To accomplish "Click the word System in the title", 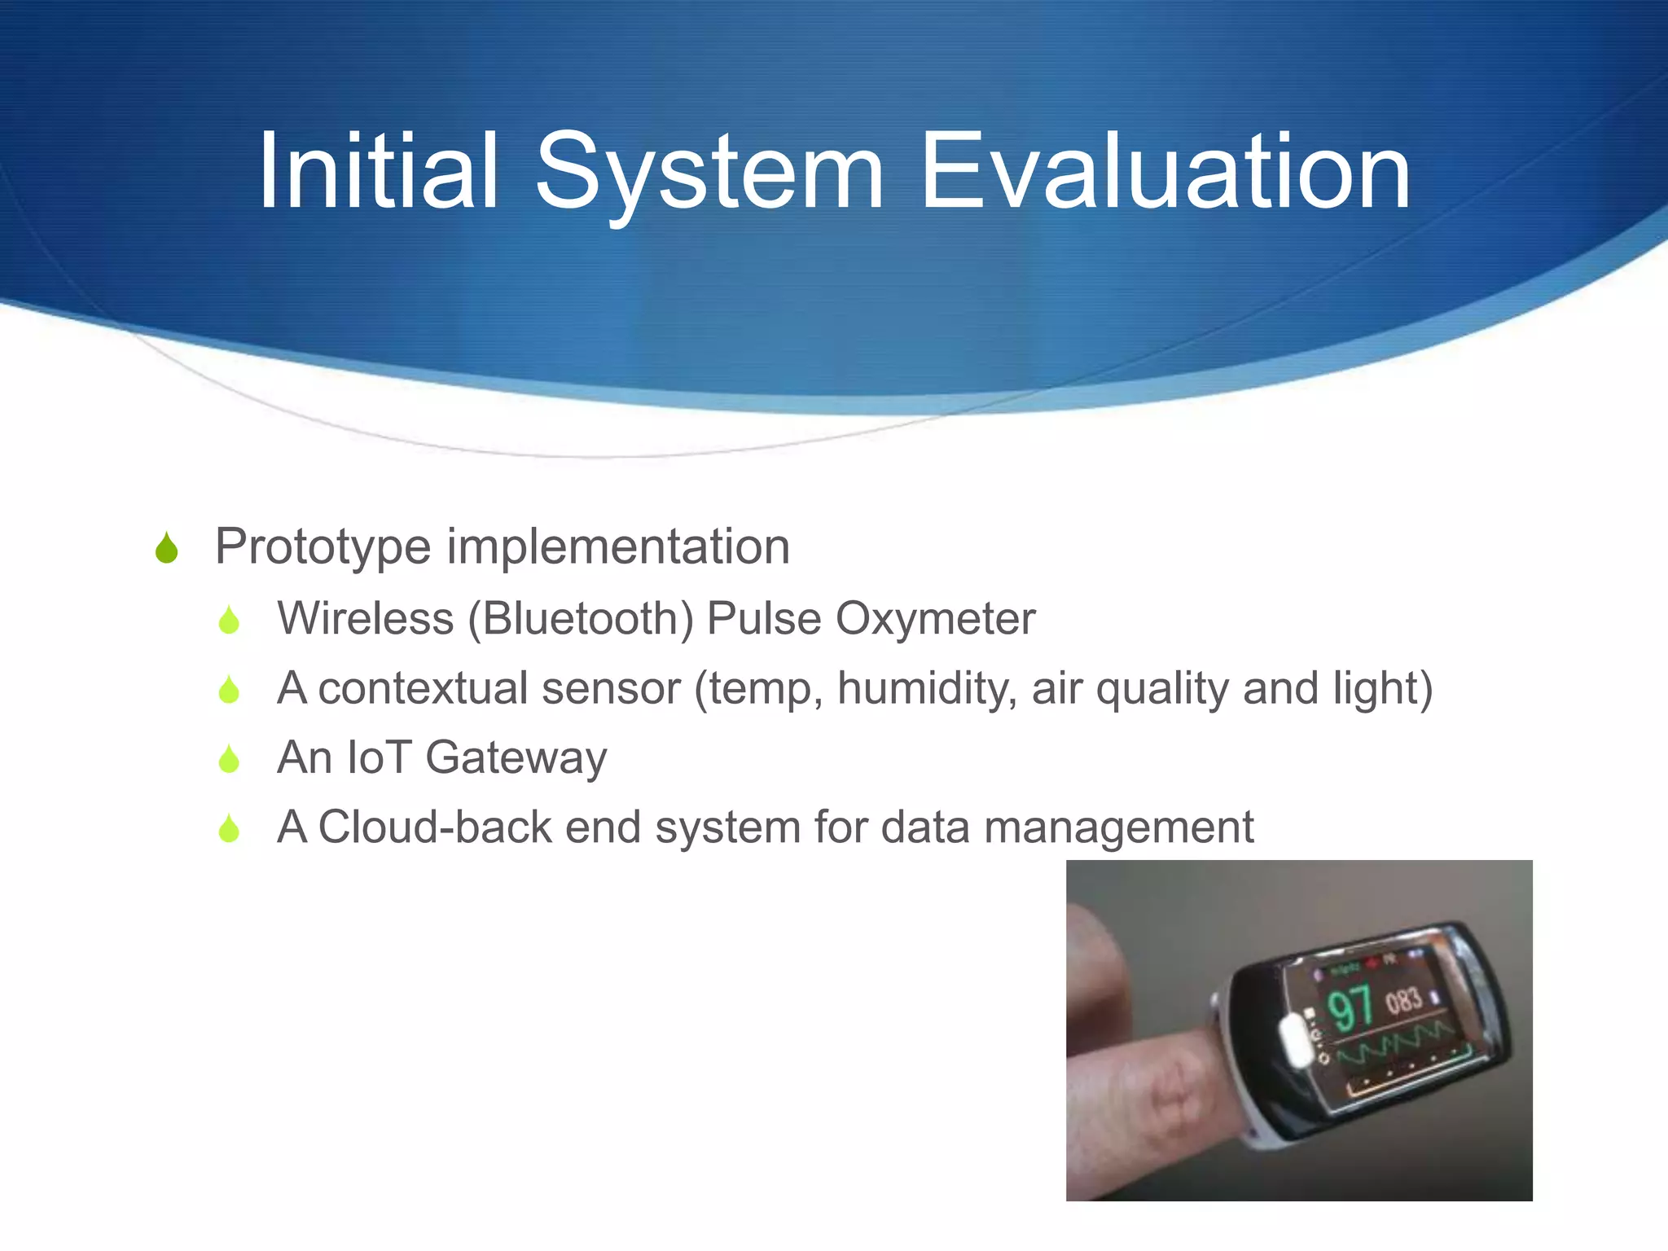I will click(x=709, y=175).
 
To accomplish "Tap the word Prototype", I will click(x=323, y=547).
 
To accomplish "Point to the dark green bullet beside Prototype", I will click(x=167, y=548).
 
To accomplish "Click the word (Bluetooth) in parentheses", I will click(x=581, y=619).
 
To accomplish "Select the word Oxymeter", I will click(x=936, y=619).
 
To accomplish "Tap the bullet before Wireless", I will click(x=230, y=621).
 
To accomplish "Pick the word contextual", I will click(x=418, y=688).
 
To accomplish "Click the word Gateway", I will click(x=516, y=758).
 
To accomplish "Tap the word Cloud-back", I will click(x=435, y=827).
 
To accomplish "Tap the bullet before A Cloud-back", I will click(x=230, y=829).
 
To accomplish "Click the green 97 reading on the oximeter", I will click(x=1350, y=1007).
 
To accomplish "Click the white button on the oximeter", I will click(x=1293, y=1039).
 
